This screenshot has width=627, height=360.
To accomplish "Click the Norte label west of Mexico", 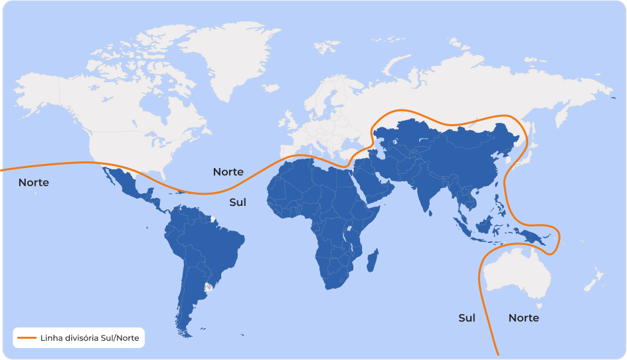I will (x=34, y=182).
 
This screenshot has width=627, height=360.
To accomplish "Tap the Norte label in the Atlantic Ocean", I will (x=228, y=172).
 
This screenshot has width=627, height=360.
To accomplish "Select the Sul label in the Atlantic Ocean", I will (x=238, y=202).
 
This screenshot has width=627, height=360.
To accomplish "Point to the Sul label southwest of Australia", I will (x=467, y=318).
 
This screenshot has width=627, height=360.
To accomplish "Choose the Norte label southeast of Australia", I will (x=523, y=318).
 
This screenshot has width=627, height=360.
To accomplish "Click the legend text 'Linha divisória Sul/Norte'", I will (x=90, y=338).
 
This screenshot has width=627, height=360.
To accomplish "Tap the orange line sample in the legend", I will (x=27, y=338).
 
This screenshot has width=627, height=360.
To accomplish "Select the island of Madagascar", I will (x=373, y=259).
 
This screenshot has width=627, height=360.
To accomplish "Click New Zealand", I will (x=594, y=279).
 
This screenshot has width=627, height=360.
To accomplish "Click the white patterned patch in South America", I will (x=210, y=287).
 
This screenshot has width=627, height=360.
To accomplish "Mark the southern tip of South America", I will (x=187, y=332).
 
